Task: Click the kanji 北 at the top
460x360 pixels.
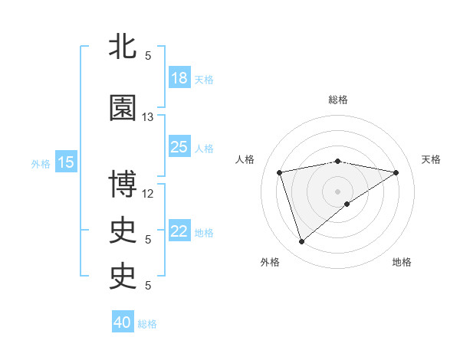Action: (x=123, y=46)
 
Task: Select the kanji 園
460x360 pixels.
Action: (x=123, y=109)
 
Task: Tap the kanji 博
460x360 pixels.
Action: (x=123, y=185)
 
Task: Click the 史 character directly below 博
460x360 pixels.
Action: (x=123, y=231)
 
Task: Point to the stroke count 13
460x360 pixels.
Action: (x=148, y=117)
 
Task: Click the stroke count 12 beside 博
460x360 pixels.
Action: (x=148, y=193)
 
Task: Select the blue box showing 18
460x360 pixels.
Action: (x=179, y=78)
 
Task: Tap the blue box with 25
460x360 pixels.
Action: (x=179, y=147)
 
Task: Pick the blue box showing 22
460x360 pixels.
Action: (x=179, y=231)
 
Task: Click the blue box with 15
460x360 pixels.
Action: (x=66, y=162)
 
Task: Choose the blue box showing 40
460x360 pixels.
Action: (x=123, y=322)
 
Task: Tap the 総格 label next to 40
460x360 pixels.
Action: (x=147, y=324)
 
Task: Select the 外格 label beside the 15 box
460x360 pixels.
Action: (x=41, y=163)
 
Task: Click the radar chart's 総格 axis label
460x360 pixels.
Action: (x=338, y=100)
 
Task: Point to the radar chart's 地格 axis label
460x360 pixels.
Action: (x=402, y=262)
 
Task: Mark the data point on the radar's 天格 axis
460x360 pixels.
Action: (x=396, y=172)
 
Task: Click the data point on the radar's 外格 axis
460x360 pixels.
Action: (x=301, y=241)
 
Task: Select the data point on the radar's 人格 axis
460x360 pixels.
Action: (x=280, y=172)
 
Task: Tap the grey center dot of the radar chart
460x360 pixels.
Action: (x=338, y=191)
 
